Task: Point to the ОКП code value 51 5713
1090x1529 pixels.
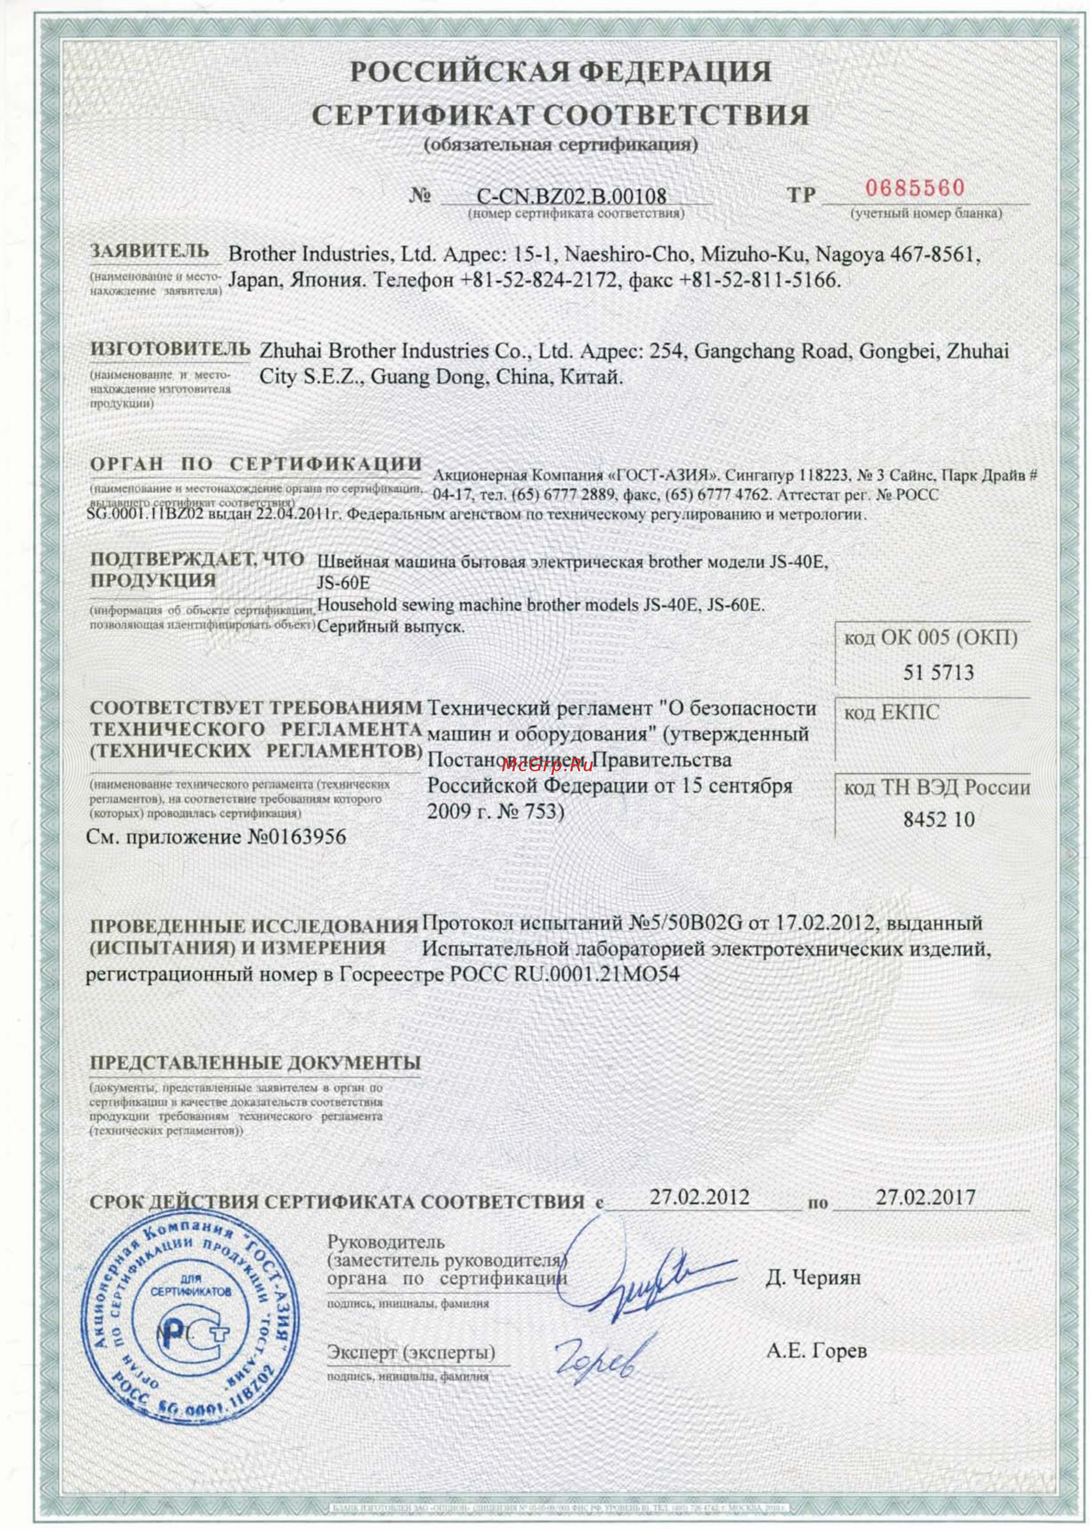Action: [x=937, y=672]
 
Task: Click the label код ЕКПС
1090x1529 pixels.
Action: [x=891, y=712]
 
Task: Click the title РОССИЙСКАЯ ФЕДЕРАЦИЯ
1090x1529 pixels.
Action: [x=561, y=71]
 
